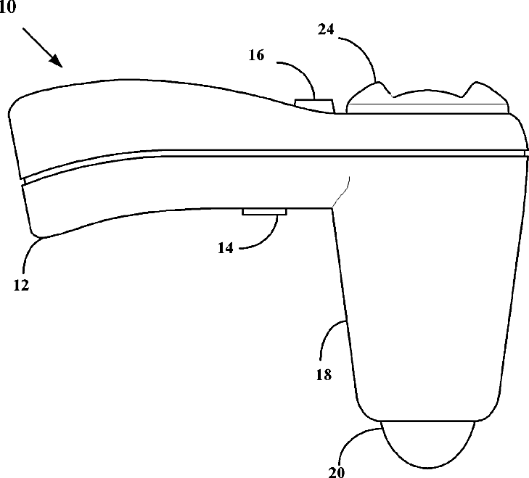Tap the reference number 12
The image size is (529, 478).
(x=20, y=285)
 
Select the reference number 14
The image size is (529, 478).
(x=226, y=247)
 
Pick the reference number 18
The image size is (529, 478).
(x=324, y=375)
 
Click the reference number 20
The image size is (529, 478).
(x=337, y=471)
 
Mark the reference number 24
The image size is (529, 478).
(x=328, y=30)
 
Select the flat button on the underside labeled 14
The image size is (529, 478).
(x=264, y=212)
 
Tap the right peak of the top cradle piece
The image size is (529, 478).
(x=478, y=88)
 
